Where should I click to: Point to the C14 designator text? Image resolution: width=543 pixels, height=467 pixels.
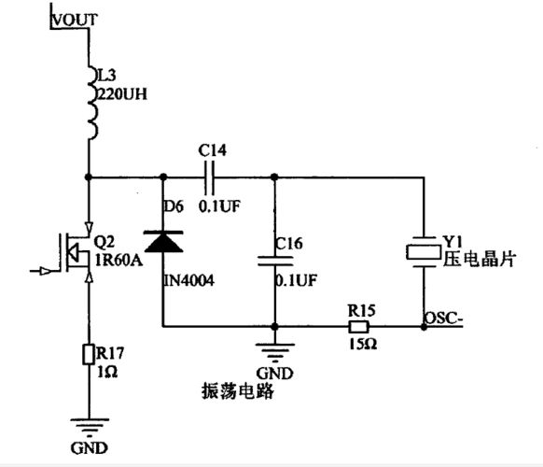[x=212, y=150]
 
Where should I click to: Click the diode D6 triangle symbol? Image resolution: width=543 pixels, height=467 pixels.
[x=164, y=241]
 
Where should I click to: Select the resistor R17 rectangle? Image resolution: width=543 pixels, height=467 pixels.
[x=90, y=354]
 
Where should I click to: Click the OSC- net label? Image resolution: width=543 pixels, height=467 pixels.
[x=444, y=318]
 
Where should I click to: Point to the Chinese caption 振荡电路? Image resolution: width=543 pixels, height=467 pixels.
[x=236, y=390]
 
